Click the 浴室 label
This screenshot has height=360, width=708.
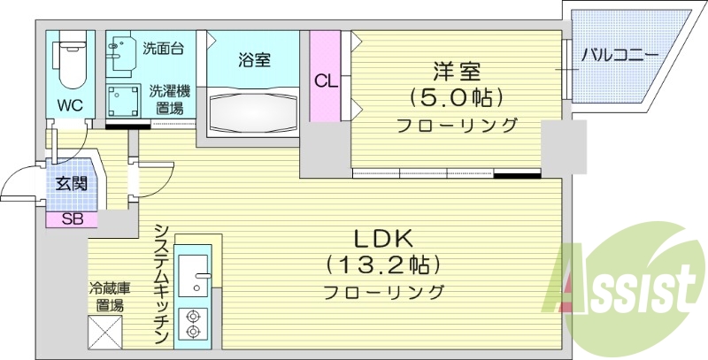coord(254,60)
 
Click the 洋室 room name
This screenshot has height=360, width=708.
coord(455,70)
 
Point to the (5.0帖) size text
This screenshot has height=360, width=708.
coord(455,96)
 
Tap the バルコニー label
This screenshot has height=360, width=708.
coord(619,56)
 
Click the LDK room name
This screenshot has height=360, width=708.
coord(386,238)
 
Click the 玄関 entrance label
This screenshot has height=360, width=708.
coord(71,184)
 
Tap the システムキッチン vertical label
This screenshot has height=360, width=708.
coord(160,283)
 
